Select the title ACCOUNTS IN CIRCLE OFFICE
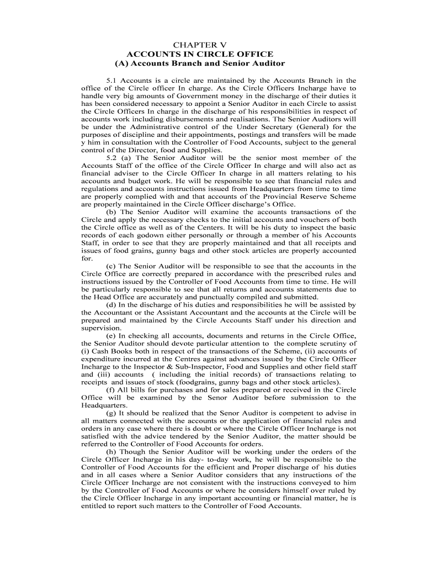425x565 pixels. click(200, 54)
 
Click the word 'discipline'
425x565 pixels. click(140, 134)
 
